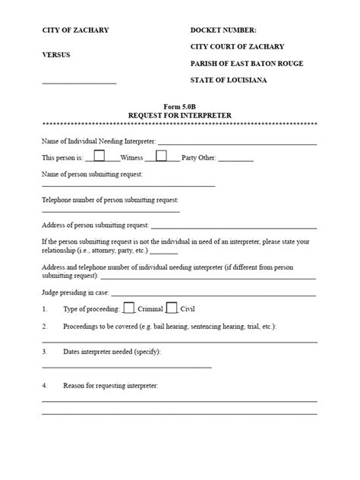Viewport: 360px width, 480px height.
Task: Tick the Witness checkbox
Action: tap(100, 156)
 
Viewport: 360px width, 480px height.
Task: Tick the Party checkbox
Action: tap(161, 156)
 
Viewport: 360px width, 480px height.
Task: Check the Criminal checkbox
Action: tap(129, 308)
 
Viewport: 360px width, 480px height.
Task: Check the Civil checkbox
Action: tap(172, 308)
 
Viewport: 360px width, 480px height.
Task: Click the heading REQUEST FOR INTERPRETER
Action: tap(179, 115)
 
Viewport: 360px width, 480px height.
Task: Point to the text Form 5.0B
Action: tap(179, 106)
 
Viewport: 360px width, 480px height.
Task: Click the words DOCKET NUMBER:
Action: tap(223, 30)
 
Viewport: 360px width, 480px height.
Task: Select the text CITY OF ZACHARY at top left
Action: tap(75, 30)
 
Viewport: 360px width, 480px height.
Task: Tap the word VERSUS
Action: tap(57, 55)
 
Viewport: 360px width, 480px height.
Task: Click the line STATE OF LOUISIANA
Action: tap(228, 81)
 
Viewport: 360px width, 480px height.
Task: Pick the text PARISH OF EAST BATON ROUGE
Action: tap(247, 64)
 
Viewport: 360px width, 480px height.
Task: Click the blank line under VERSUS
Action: tap(79, 82)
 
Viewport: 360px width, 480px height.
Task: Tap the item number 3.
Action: tap(45, 352)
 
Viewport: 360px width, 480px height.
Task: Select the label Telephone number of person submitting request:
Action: tap(110, 200)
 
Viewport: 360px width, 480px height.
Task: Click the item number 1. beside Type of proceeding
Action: tap(45, 310)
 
